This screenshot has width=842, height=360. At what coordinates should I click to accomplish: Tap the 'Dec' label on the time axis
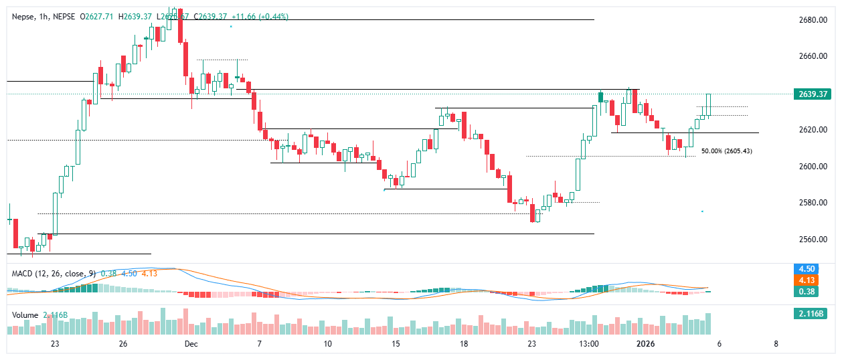pos(191,344)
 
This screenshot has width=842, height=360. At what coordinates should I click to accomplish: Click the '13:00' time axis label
pos(588,344)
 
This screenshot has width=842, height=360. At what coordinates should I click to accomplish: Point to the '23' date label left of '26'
pos(55,344)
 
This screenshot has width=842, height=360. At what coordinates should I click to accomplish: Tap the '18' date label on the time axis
pos(463,344)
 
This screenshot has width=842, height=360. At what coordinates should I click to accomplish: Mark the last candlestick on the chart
pos(708,104)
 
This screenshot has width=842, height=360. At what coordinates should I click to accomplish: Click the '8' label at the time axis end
pos(776,344)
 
